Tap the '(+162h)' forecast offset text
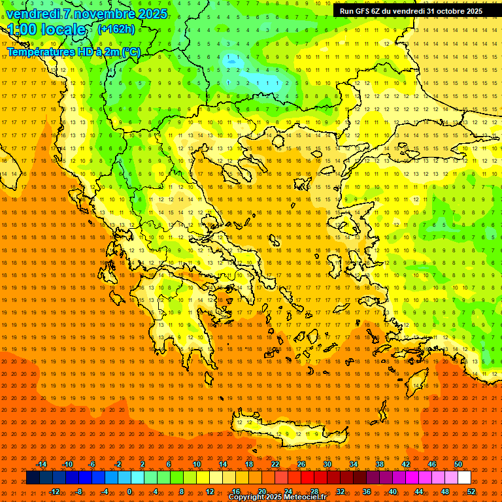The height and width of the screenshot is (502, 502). click(116, 29)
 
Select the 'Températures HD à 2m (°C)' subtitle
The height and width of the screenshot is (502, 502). click(73, 52)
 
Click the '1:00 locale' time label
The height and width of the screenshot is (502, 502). click(47, 29)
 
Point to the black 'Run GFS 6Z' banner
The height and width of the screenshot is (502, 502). click(411, 11)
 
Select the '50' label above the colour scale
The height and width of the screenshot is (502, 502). click(458, 464)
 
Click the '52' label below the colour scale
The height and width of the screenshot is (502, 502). click(471, 492)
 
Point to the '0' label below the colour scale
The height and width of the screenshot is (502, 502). click(129, 492)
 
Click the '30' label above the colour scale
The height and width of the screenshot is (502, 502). click(327, 464)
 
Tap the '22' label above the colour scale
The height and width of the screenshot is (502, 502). click(275, 464)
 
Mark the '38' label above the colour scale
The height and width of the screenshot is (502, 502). click(379, 464)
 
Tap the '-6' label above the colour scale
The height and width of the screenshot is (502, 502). click(92, 464)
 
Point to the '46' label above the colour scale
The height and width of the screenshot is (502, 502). click(431, 464)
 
